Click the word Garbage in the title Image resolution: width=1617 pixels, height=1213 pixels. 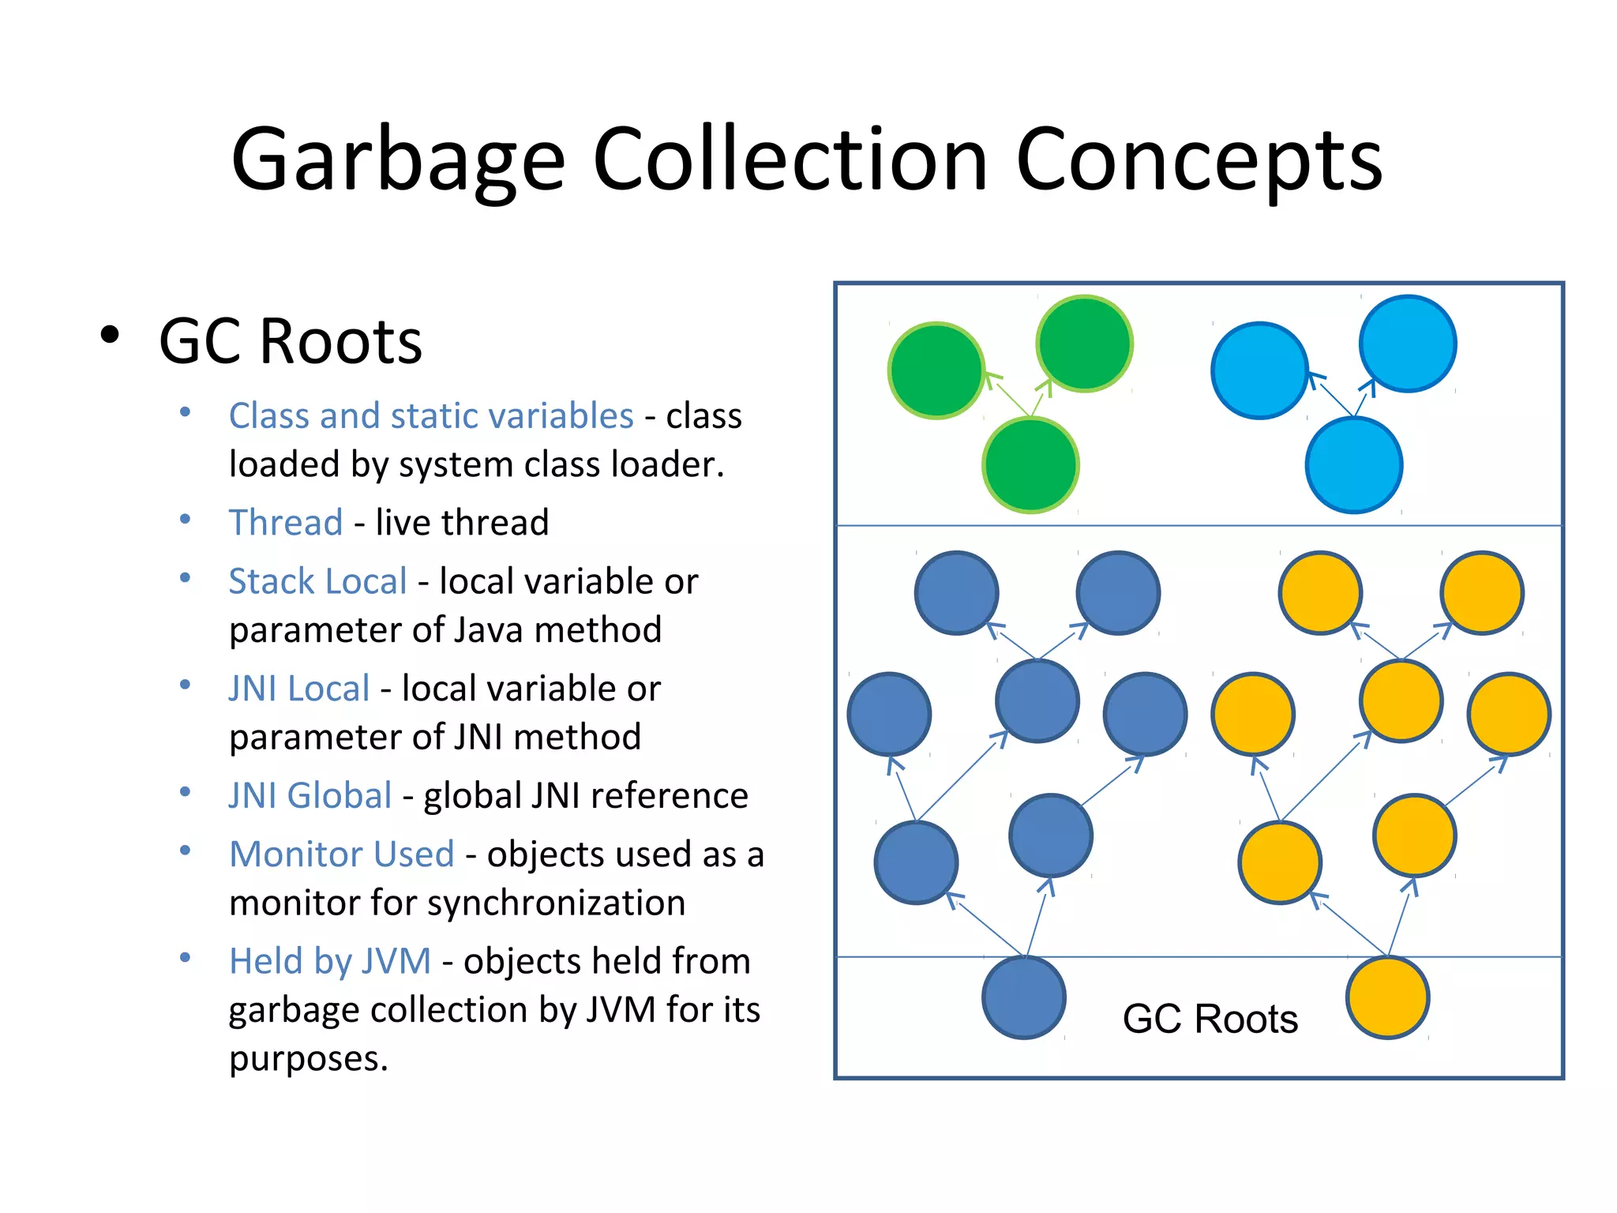[398, 161]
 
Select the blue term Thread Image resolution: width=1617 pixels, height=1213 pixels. [285, 523]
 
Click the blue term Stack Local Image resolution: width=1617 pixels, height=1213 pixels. [317, 582]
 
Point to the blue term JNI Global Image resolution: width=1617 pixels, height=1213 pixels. [310, 795]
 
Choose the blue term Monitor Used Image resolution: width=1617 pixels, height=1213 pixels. [341, 854]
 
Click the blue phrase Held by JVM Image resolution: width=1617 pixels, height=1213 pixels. [329, 962]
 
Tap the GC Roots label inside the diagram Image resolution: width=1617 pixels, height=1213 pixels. [1210, 1019]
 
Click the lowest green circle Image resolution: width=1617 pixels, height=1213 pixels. [1030, 465]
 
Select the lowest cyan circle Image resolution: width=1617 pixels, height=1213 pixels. [1353, 465]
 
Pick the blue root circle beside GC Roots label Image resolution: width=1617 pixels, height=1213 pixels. [1024, 997]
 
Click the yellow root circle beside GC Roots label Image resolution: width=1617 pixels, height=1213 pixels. [1387, 997]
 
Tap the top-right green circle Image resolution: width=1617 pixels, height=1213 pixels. [1084, 344]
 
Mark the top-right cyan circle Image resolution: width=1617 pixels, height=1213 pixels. [1408, 344]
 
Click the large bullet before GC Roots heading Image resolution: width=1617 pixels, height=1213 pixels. [110, 335]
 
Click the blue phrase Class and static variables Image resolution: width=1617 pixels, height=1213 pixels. [431, 416]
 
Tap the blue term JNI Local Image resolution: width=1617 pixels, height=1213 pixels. [298, 689]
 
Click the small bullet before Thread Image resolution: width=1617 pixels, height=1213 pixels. [185, 520]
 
